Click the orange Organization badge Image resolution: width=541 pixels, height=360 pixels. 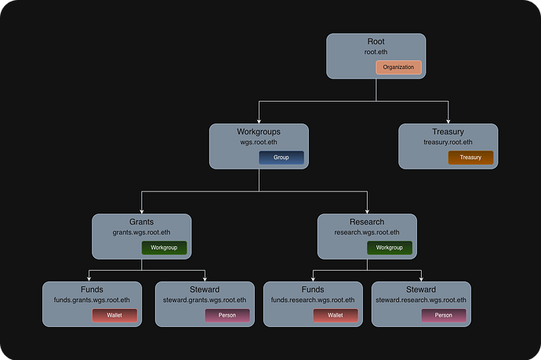click(x=399, y=67)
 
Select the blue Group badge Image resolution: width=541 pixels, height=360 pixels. click(x=281, y=158)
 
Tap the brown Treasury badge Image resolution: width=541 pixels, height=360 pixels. click(x=470, y=158)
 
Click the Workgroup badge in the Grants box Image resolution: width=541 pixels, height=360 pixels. click(x=164, y=248)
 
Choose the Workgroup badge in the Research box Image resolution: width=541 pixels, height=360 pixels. click(x=390, y=248)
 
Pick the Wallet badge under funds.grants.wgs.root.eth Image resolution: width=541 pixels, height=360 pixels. click(x=114, y=315)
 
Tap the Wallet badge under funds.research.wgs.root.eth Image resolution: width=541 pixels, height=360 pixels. click(x=336, y=315)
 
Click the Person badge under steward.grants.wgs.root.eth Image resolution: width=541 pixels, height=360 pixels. click(x=227, y=315)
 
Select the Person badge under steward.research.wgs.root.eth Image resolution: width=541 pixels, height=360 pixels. click(x=444, y=315)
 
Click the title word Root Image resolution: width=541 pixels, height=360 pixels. click(x=376, y=42)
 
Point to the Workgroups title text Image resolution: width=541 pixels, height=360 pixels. click(x=259, y=132)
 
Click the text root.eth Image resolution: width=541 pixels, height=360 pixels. click(x=376, y=53)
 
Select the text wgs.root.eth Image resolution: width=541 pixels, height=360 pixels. click(x=259, y=143)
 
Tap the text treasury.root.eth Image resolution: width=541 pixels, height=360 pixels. click(x=448, y=143)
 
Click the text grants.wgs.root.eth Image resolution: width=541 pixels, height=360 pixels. click(x=141, y=233)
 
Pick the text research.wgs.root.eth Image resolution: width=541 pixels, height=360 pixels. click(x=367, y=233)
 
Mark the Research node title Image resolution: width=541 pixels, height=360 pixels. click(x=367, y=222)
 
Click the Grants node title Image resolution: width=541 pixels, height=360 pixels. click(x=141, y=222)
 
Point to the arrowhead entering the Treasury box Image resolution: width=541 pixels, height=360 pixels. click(x=448, y=121)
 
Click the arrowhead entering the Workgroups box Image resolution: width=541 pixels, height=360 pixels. click(x=259, y=121)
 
